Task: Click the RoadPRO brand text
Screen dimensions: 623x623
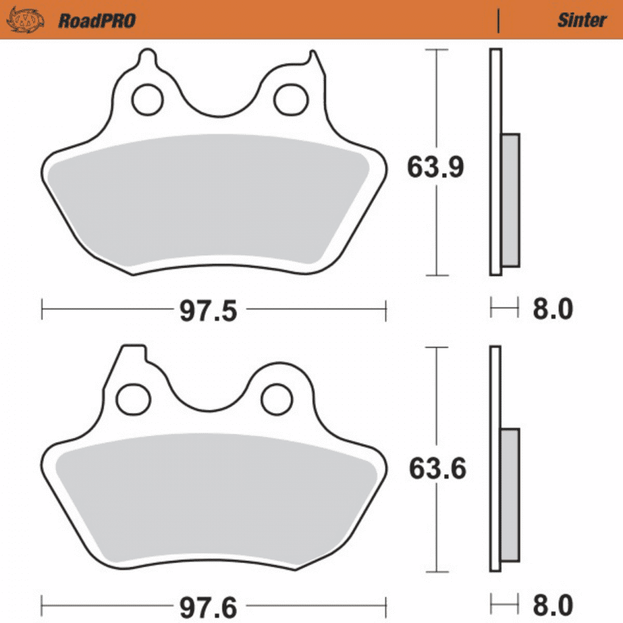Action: [x=97, y=21]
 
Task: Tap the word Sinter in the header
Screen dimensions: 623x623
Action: [x=581, y=20]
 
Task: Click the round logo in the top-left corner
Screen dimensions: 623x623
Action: [x=25, y=20]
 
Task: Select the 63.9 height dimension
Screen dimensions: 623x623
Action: [x=435, y=167]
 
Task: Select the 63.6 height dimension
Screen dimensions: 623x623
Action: [x=437, y=468]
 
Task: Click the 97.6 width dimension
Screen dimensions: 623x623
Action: [x=208, y=606]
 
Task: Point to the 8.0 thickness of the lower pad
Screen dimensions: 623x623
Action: [x=553, y=605]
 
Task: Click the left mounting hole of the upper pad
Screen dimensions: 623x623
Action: [x=147, y=99]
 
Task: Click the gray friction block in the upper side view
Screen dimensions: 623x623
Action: [x=510, y=199]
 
